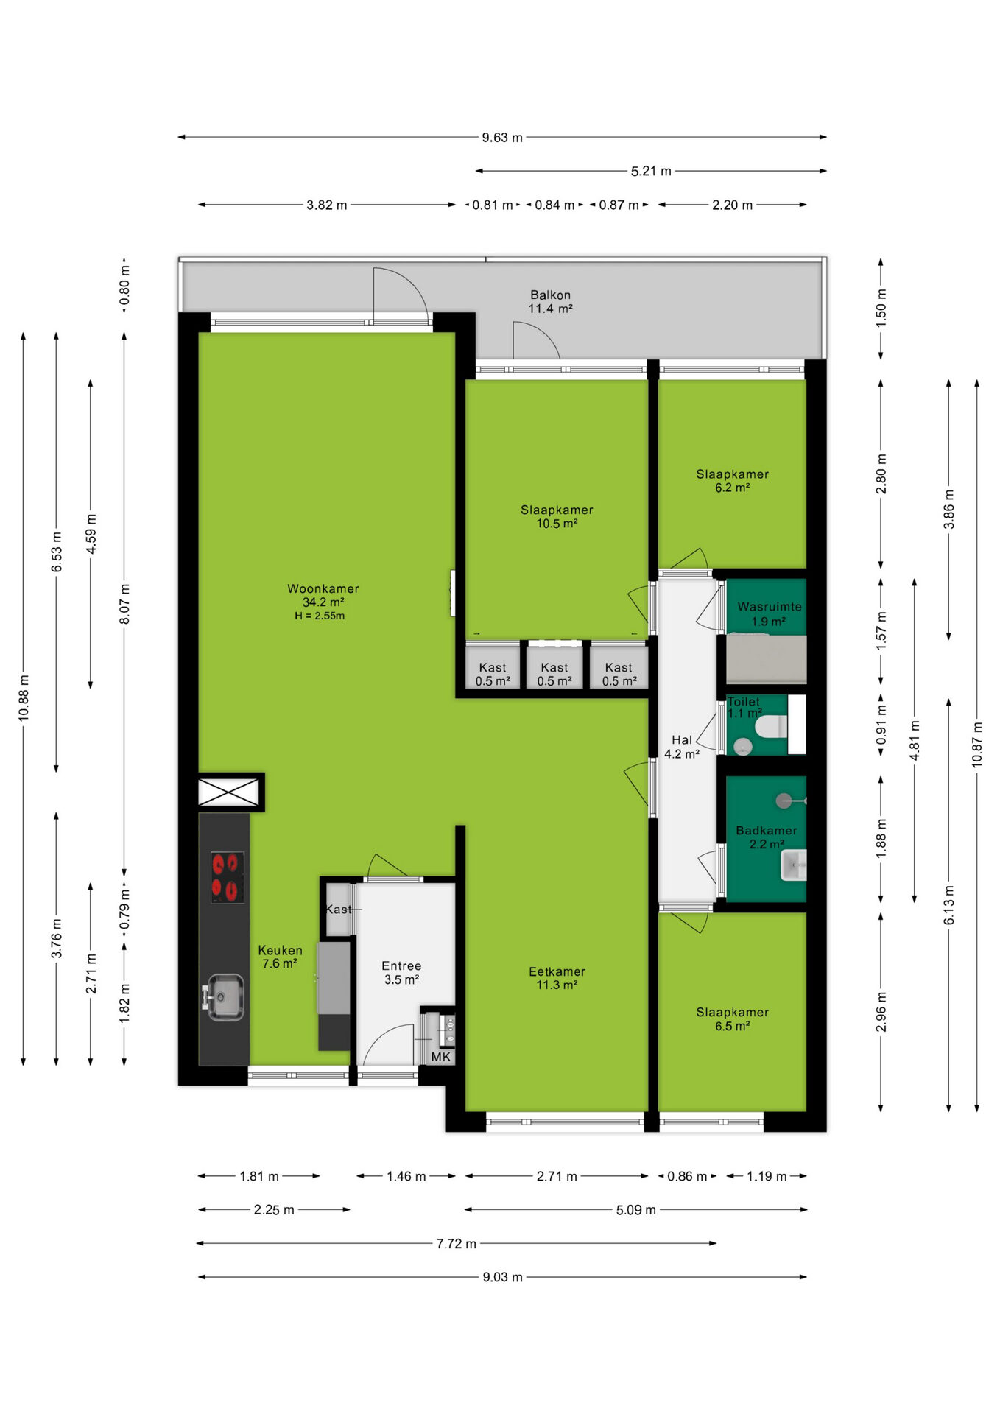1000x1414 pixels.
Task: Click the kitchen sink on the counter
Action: (225, 997)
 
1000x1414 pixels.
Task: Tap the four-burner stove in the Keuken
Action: (228, 877)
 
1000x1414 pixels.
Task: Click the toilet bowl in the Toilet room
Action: (771, 726)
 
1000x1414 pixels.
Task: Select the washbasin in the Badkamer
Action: (794, 865)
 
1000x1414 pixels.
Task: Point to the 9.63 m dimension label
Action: (502, 138)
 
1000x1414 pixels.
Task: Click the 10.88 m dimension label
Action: (24, 698)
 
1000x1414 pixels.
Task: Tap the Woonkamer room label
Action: (323, 588)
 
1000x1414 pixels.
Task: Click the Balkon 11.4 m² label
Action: (550, 301)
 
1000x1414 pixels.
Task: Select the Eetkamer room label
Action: (557, 971)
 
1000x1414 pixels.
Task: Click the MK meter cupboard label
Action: (441, 1057)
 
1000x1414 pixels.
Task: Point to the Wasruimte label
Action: (770, 606)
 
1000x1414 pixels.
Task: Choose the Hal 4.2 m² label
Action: (682, 747)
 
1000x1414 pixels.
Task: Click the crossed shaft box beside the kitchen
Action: (229, 792)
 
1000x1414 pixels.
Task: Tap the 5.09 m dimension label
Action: (635, 1210)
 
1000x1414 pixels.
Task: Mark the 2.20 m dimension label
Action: (732, 205)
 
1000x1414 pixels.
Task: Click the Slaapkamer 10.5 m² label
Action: (557, 516)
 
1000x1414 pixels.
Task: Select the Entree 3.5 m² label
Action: (401, 973)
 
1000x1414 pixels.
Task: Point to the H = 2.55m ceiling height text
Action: (320, 616)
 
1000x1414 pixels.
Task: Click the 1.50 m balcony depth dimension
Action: (881, 308)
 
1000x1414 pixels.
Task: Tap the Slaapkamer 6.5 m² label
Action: (732, 1019)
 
